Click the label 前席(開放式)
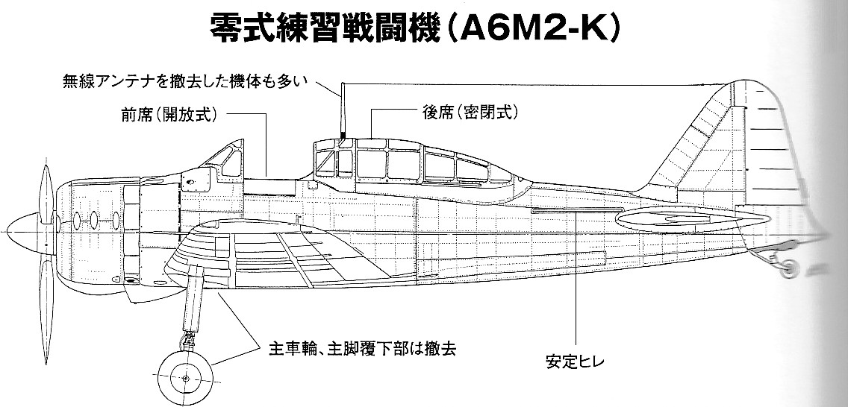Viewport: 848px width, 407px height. click(x=169, y=115)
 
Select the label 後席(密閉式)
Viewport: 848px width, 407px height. click(x=470, y=113)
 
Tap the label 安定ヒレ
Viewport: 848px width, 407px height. click(x=576, y=361)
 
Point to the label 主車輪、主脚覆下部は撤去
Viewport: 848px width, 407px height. click(x=362, y=349)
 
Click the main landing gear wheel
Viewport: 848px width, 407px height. click(x=185, y=379)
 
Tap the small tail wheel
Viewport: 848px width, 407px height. click(x=788, y=267)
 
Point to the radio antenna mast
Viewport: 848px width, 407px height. click(x=342, y=110)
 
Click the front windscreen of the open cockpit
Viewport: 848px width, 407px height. click(x=225, y=158)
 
